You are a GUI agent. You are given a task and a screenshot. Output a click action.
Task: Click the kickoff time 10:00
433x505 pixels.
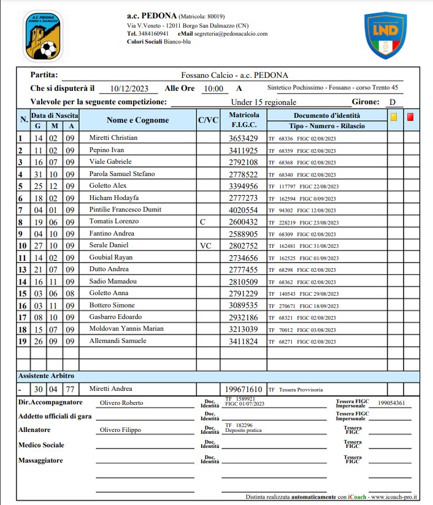[213, 88]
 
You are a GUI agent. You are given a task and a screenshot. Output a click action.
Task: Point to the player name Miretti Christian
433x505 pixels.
[113, 138]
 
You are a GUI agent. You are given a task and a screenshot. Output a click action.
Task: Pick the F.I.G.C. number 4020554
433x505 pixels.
[243, 210]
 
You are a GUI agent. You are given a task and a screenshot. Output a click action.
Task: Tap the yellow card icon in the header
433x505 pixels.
[393, 115]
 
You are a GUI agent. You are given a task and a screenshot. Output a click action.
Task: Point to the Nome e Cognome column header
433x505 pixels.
[137, 120]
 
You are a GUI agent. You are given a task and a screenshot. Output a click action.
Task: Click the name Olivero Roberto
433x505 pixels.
[121, 403]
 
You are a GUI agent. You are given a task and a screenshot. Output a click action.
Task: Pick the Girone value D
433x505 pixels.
[392, 102]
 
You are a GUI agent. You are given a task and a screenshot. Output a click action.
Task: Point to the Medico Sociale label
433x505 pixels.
[41, 445]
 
